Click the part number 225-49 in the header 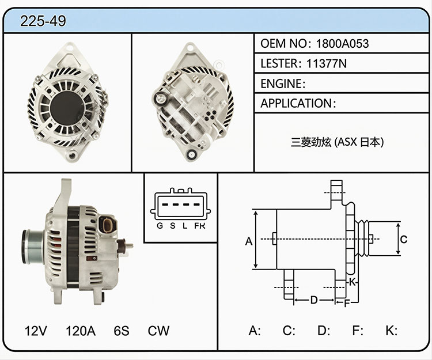(x=43, y=21)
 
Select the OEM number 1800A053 (x=342, y=44)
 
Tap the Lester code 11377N (x=327, y=63)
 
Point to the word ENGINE (x=281, y=84)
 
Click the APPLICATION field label (x=296, y=103)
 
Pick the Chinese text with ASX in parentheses (x=337, y=142)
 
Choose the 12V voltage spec (x=36, y=331)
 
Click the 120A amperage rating (x=81, y=331)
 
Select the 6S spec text (x=121, y=331)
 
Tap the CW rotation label (x=158, y=331)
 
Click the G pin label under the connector (x=160, y=226)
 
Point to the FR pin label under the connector (x=200, y=226)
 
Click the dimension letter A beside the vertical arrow (x=249, y=241)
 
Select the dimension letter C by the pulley (x=404, y=240)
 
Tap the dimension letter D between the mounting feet (x=314, y=300)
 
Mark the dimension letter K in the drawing (x=353, y=282)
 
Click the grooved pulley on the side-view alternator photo (x=32, y=247)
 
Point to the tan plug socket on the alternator (x=108, y=225)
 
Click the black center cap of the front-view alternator (x=67, y=108)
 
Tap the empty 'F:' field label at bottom (x=358, y=331)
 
